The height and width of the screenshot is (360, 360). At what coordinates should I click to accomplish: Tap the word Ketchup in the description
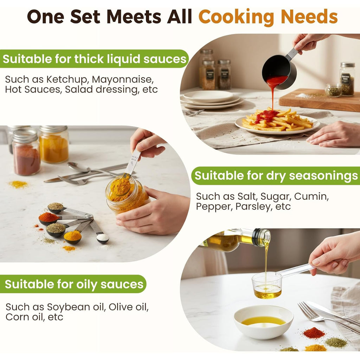[67, 80]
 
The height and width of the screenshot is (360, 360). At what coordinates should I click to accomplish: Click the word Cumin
[311, 197]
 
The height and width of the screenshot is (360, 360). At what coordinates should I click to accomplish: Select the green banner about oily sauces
[73, 284]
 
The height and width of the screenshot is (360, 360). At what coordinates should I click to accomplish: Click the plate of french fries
[277, 122]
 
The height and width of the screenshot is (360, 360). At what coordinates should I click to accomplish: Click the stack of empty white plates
[211, 99]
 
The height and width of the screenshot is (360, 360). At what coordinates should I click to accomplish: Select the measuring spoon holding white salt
[99, 232]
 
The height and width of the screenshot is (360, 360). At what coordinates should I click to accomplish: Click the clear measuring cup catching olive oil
[267, 285]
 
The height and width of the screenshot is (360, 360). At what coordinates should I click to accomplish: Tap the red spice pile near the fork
[314, 333]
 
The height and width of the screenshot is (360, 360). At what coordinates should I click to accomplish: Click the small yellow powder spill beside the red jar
[18, 184]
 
